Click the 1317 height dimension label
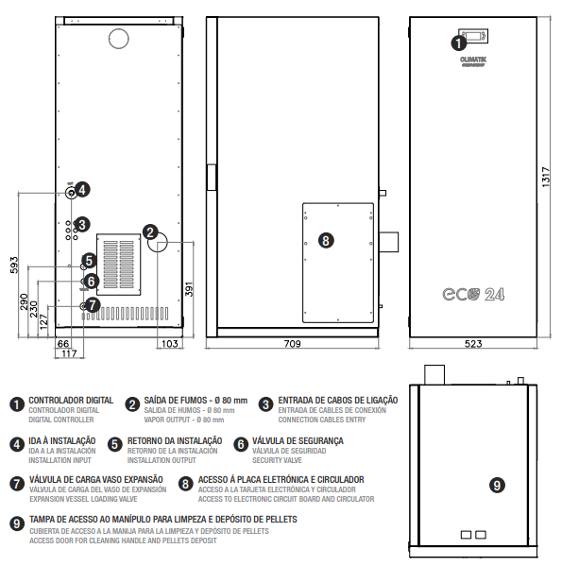pyautogui.click(x=546, y=177)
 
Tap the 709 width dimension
pyautogui.click(x=292, y=343)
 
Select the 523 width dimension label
pyautogui.click(x=473, y=343)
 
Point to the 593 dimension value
pyautogui.click(x=14, y=265)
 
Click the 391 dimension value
pyautogui.click(x=189, y=289)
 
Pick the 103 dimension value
pyautogui.click(x=170, y=343)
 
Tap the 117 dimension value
pyautogui.click(x=69, y=353)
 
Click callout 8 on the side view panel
pyautogui.click(x=326, y=240)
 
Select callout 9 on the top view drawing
pyautogui.click(x=497, y=485)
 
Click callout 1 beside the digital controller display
pyautogui.click(x=458, y=43)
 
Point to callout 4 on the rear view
pyautogui.click(x=82, y=190)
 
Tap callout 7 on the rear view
pyautogui.click(x=93, y=305)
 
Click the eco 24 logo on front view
pyautogui.click(x=473, y=294)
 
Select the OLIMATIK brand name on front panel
pyautogui.click(x=473, y=60)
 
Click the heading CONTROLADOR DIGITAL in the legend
pyautogui.click(x=71, y=401)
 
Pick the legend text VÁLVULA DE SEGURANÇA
pyautogui.click(x=298, y=440)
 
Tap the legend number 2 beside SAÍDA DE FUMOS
pyautogui.click(x=132, y=404)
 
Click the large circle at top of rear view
pyautogui.click(x=119, y=38)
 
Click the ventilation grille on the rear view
pyautogui.click(x=119, y=265)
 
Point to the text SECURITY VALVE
pyautogui.click(x=277, y=460)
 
